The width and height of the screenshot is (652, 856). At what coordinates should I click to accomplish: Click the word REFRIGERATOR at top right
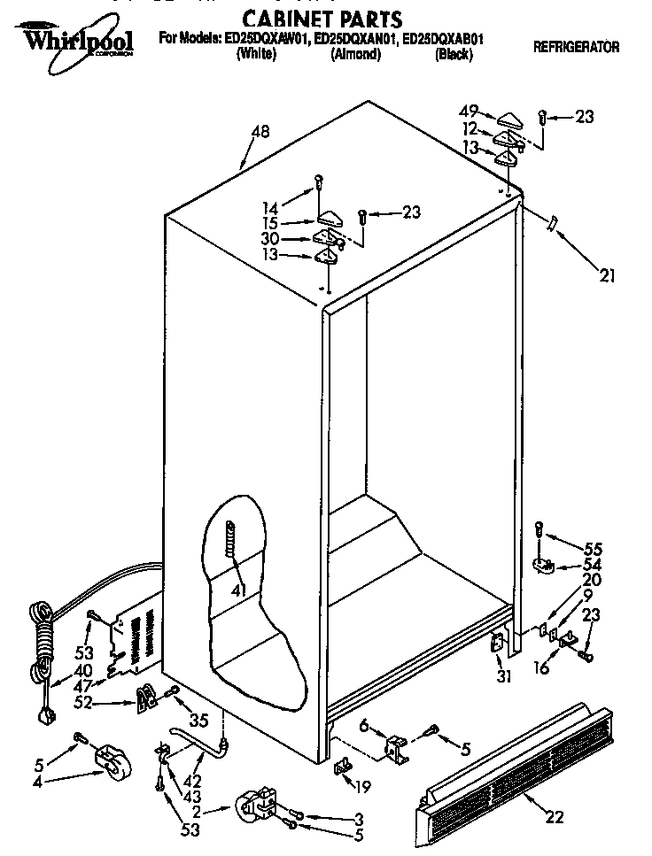tap(576, 47)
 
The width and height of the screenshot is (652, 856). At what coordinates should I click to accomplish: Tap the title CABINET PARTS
tap(322, 19)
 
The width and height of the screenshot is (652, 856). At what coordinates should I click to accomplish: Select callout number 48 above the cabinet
tap(260, 132)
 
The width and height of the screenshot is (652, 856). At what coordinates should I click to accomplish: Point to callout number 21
tap(607, 275)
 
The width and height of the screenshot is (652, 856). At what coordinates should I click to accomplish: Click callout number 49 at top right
tap(470, 112)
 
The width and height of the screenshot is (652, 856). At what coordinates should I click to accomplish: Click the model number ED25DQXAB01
tap(442, 39)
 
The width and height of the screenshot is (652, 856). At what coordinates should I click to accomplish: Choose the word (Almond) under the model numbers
tap(355, 54)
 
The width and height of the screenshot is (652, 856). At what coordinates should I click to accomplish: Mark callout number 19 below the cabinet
tap(362, 783)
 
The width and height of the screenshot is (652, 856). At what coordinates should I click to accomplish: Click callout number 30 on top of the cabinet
tap(270, 239)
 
